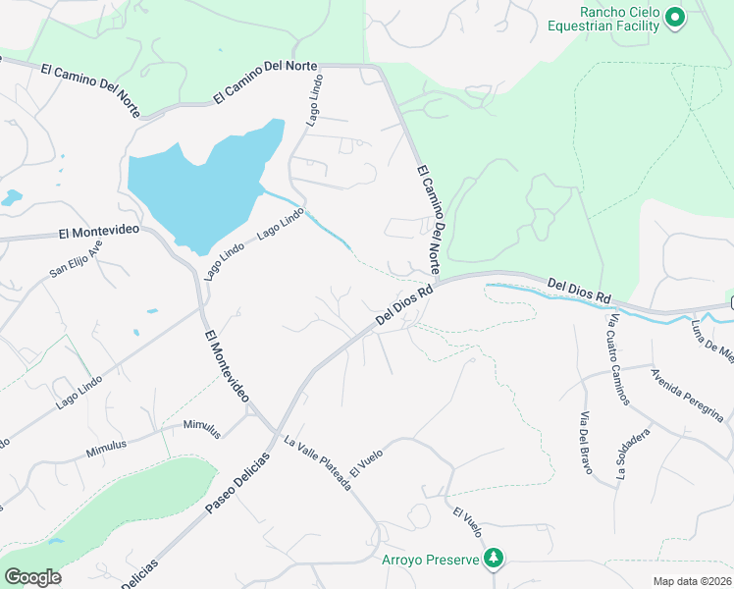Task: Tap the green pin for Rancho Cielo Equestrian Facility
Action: (x=674, y=17)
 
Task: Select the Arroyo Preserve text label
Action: (x=430, y=561)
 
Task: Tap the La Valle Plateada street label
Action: (x=317, y=462)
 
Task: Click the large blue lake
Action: (x=196, y=187)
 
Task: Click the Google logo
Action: (x=32, y=577)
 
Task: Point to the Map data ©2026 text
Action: (x=692, y=581)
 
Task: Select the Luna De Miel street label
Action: (x=712, y=340)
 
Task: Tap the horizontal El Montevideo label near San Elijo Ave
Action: (x=98, y=233)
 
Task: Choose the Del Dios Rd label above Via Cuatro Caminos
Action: (x=579, y=290)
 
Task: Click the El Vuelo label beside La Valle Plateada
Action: (x=365, y=460)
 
